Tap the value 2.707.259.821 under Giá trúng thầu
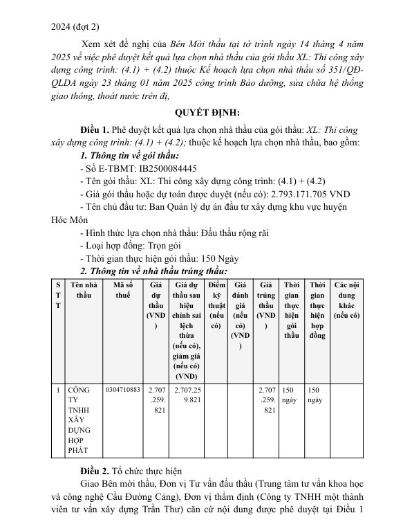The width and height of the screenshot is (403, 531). pyautogui.click(x=266, y=400)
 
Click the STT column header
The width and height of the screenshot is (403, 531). pyautogui.click(x=58, y=295)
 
